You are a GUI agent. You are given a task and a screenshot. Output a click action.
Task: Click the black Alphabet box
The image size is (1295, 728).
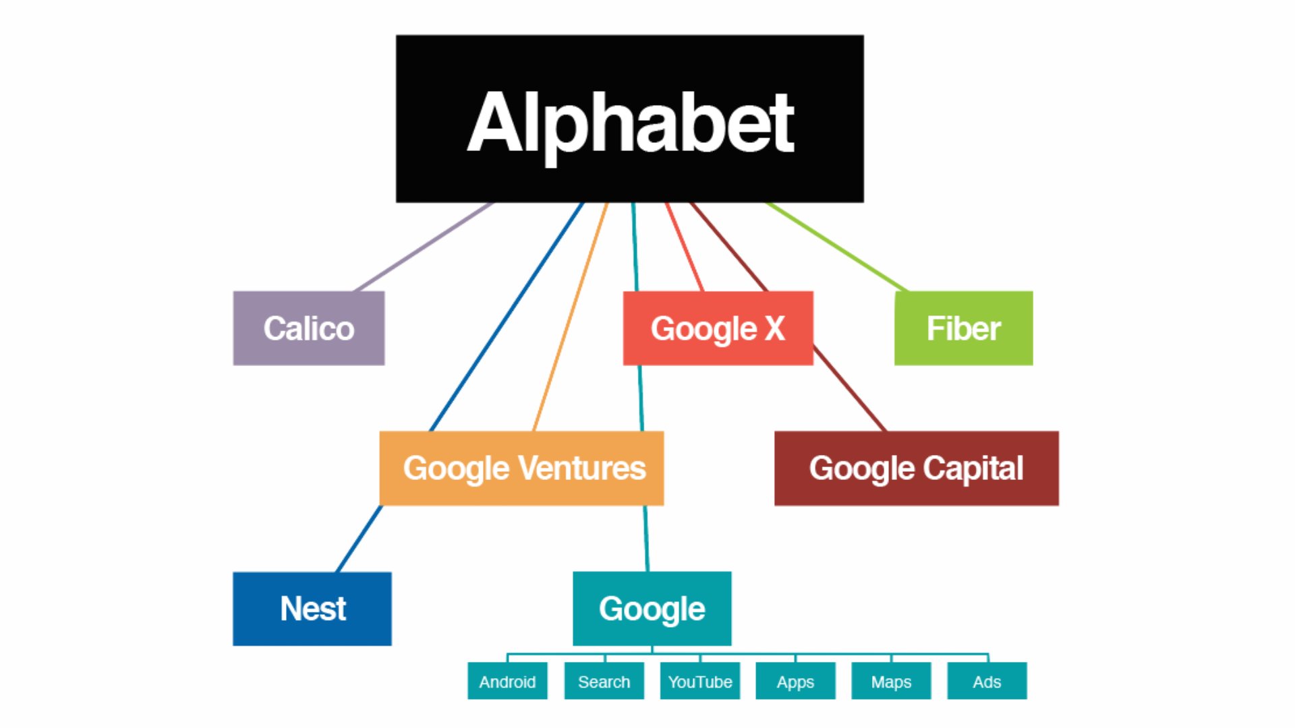tap(629, 119)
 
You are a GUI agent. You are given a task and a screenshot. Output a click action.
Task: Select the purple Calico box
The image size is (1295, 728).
tap(309, 328)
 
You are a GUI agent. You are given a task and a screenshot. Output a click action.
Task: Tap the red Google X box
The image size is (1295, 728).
tap(718, 328)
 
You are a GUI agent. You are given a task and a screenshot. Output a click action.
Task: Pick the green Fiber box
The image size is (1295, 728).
tap(963, 328)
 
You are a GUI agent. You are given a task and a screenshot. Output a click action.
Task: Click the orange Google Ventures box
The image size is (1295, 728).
tap(521, 468)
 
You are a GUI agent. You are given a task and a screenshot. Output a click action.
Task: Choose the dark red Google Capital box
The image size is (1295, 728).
tap(916, 468)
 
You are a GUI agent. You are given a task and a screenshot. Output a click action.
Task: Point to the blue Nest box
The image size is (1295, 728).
tap(312, 609)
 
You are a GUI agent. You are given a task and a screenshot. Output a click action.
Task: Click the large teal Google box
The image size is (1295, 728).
tap(652, 609)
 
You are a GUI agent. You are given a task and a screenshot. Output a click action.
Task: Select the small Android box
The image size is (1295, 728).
tap(507, 681)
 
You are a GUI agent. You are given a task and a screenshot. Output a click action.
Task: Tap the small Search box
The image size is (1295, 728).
tap(604, 681)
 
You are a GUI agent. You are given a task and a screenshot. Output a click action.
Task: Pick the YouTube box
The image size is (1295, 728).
tap(699, 681)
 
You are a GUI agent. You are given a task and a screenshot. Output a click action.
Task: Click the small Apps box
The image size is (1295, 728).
tap(795, 681)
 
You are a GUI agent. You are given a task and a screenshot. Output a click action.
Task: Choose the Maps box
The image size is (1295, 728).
tap(891, 681)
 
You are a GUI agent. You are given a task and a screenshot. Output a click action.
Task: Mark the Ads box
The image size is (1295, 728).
tap(987, 681)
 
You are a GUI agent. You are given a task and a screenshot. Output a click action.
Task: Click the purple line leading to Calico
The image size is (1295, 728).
tap(424, 247)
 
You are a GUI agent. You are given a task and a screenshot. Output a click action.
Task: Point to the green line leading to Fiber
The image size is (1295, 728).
tap(836, 247)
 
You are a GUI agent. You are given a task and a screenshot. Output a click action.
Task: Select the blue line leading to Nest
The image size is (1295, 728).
tap(506, 317)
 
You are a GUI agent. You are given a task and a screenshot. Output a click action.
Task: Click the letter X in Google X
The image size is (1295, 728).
tap(775, 328)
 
